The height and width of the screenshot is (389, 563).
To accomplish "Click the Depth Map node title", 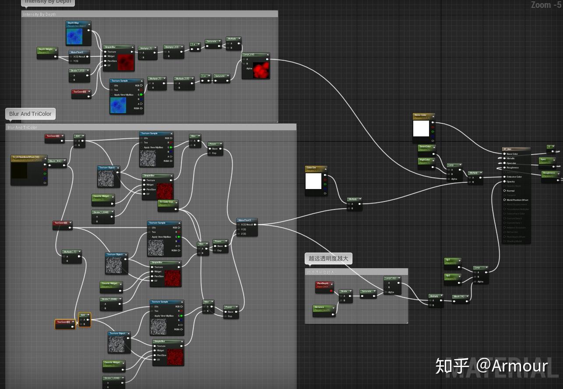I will click(74, 23).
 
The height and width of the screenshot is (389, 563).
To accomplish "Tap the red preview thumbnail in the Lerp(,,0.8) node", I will click(261, 70).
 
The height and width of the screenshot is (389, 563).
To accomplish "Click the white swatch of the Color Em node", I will click(313, 181).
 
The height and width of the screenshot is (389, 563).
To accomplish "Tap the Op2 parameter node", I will click(451, 277).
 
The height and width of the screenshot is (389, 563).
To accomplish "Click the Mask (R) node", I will click(460, 297).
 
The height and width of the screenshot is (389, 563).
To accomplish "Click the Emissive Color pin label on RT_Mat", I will click(514, 177).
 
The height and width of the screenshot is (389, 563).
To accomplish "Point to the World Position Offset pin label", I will click(517, 200).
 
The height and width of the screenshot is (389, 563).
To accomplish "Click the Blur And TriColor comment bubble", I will click(30, 114).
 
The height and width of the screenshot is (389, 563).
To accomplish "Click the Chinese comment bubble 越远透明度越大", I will click(328, 258).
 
